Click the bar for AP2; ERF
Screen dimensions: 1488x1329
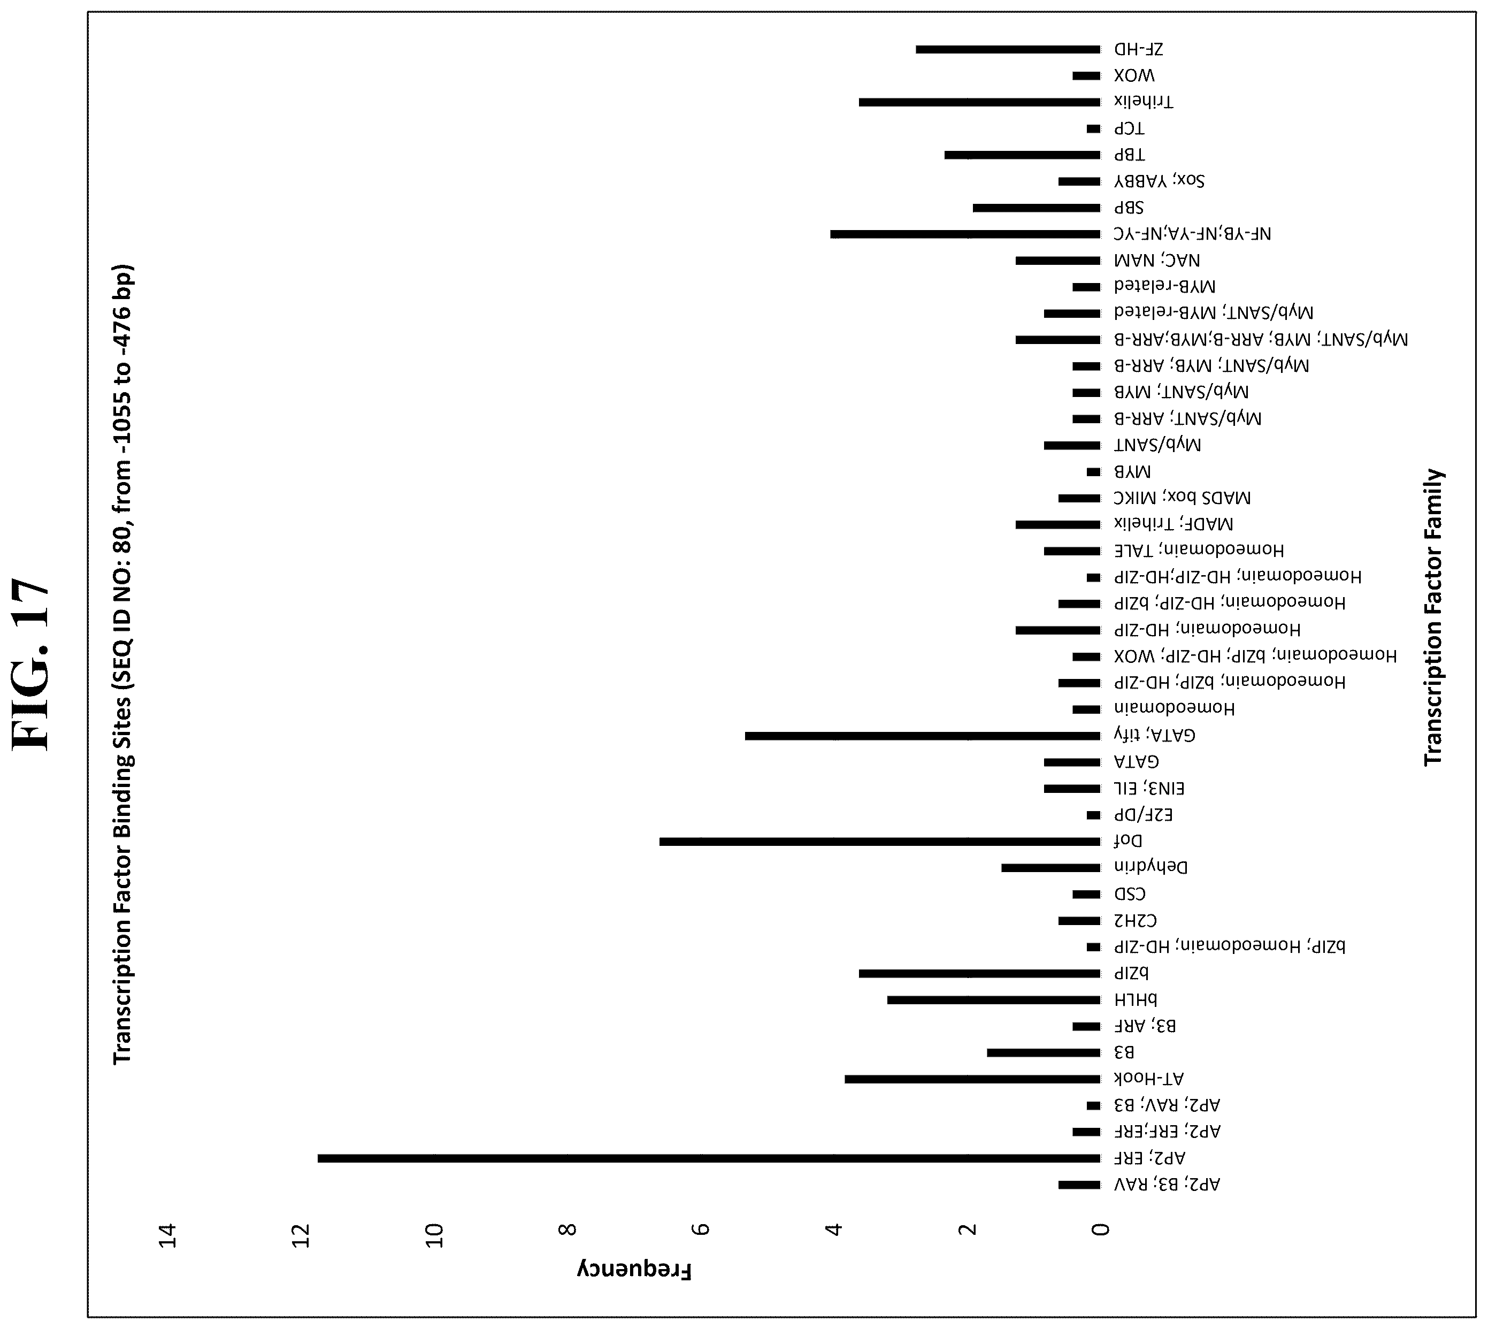pyautogui.click(x=709, y=1159)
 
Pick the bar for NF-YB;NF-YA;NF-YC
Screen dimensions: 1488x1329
pyautogui.click(x=965, y=234)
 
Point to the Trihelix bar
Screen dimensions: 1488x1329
pyautogui.click(x=980, y=102)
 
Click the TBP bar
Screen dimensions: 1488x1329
pyautogui.click(x=1022, y=155)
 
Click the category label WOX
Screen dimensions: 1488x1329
pyautogui.click(x=1134, y=76)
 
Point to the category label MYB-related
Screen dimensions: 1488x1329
pyautogui.click(x=1164, y=287)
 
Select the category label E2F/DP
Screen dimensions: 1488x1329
pyautogui.click(x=1142, y=815)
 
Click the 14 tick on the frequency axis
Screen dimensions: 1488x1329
pyautogui.click(x=168, y=1235)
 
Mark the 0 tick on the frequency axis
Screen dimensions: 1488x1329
pyautogui.click(x=1100, y=1231)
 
